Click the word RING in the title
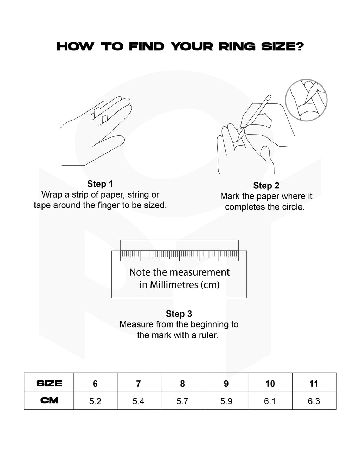[x=237, y=46]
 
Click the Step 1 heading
[x=100, y=184]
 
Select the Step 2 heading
[x=266, y=186]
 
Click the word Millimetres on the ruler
[x=174, y=285]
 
